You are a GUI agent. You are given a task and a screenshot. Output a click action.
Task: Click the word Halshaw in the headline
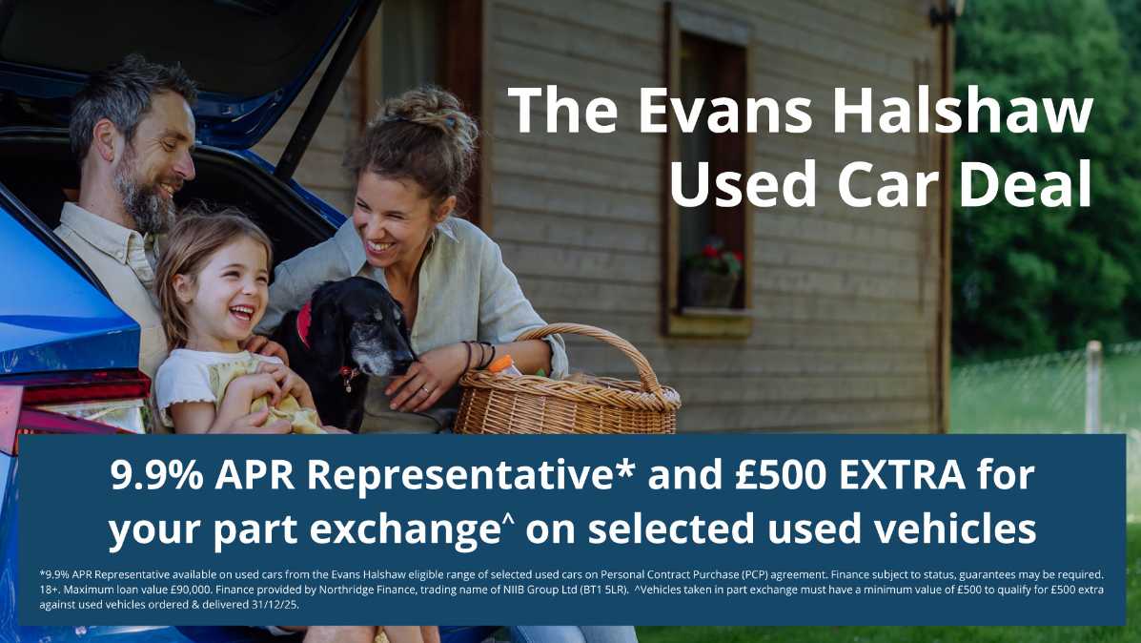click(963, 111)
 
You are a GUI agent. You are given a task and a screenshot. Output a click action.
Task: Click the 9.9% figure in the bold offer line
click(156, 475)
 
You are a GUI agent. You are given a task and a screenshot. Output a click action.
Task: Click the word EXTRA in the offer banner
click(903, 475)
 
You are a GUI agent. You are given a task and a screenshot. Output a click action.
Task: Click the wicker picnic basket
click(567, 386)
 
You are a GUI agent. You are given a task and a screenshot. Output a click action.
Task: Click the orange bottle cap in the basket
click(500, 364)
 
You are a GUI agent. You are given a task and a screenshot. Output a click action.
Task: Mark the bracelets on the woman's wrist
click(480, 355)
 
